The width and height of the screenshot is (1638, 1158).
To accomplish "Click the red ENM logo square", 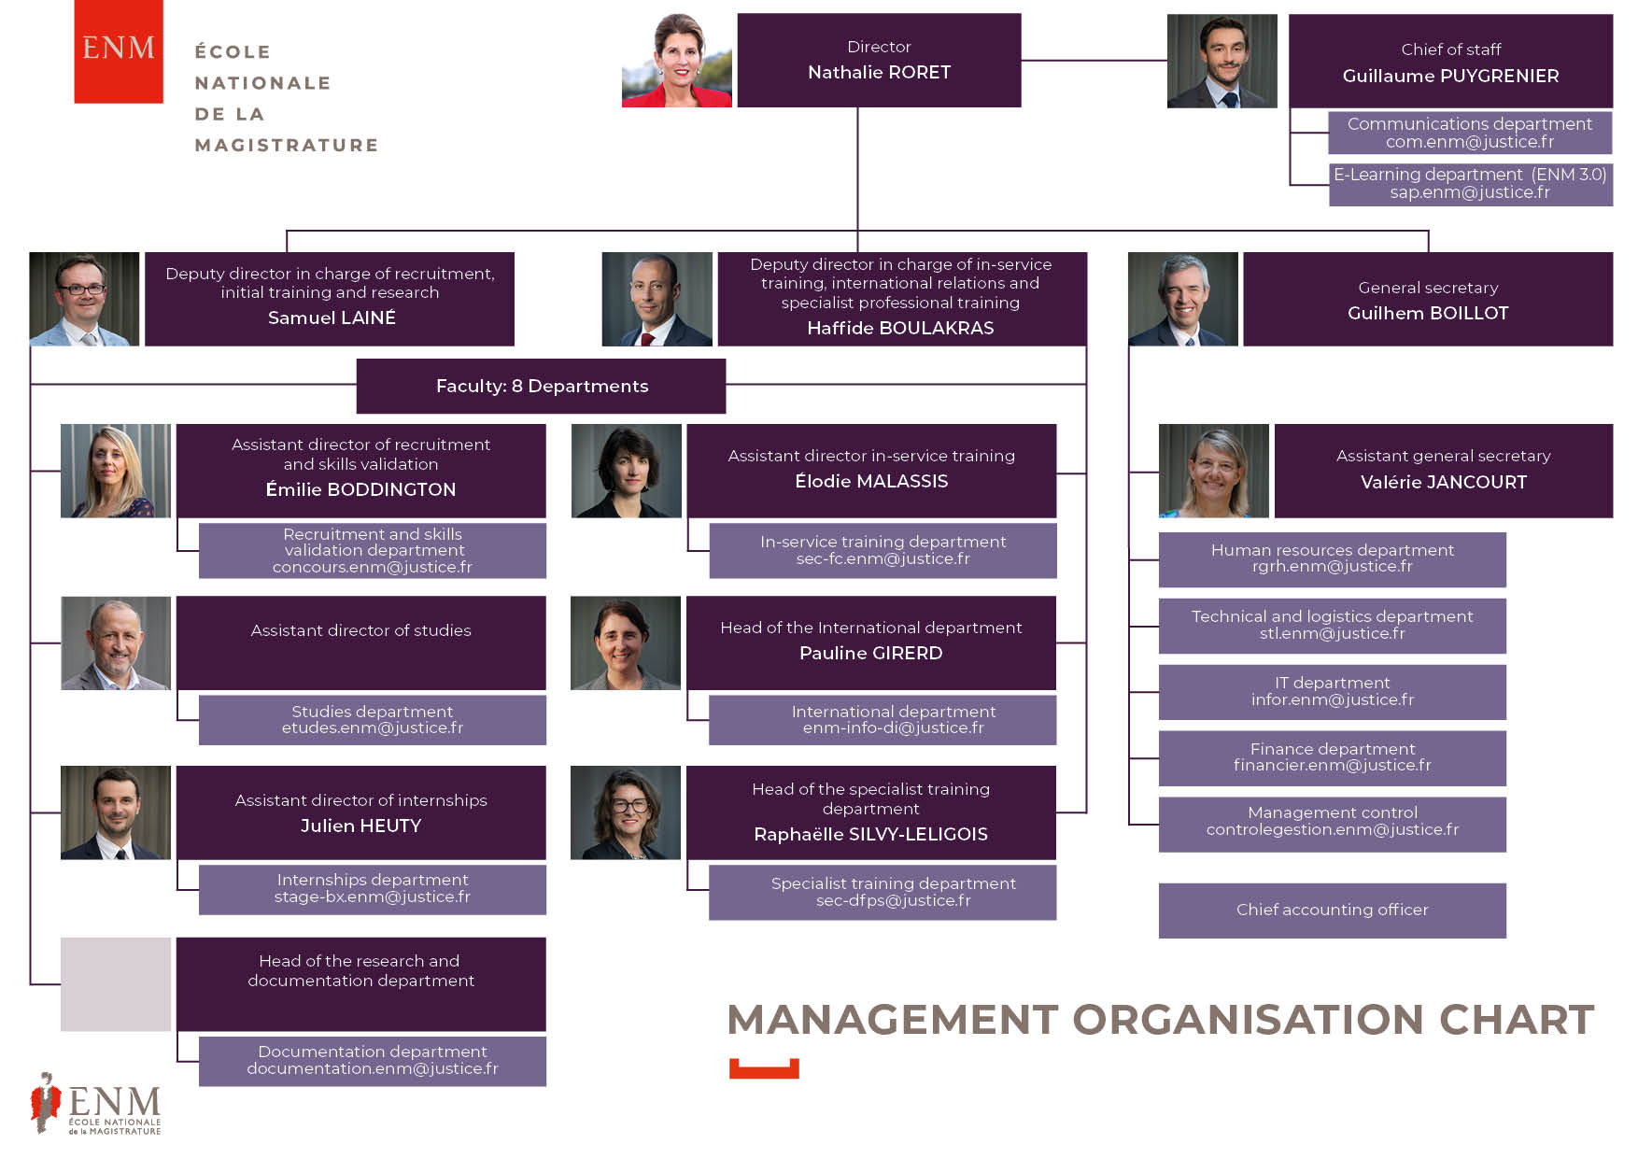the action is pos(119,51).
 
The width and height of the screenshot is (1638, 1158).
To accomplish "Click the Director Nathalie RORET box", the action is pos(879,60).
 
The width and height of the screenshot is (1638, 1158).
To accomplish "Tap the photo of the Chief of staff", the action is pos(1221,61).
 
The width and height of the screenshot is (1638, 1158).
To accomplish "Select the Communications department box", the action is pos(1470,133).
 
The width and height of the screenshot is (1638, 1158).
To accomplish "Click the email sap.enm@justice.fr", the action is pos(1470,192).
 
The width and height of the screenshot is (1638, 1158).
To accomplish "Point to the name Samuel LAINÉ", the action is pos(332,318).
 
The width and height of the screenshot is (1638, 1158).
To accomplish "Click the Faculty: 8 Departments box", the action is pos(542,386).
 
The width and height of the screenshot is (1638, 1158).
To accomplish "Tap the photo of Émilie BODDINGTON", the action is pos(116,471).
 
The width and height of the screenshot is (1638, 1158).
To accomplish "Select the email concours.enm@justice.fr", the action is pos(373,567).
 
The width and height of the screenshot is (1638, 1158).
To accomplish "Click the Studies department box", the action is pos(373,719).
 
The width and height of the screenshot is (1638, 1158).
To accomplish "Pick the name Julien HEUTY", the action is pos(361,826).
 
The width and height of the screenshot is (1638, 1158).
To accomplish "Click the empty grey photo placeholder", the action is pos(116,984).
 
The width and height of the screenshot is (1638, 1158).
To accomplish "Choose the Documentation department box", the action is pos(373,1061).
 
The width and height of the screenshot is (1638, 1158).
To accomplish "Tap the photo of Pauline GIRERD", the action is pos(626,643).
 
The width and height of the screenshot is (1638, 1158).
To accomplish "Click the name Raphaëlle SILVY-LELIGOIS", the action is pos(871,834).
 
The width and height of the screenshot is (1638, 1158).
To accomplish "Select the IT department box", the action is pos(1333,692).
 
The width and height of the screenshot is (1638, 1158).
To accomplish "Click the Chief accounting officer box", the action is pos(1333,911).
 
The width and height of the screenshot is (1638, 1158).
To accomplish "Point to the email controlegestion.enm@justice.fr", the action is pos(1333,829).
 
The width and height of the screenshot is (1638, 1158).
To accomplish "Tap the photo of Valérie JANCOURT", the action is pos(1214,471).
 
